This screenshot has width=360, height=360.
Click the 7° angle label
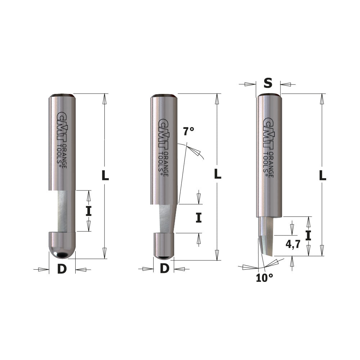point(188,131)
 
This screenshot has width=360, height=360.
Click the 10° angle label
point(265,278)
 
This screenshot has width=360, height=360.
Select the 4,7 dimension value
point(293,245)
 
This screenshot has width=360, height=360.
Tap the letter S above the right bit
point(268,84)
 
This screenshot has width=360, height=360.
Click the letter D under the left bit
point(62,269)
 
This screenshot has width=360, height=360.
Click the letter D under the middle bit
point(164,268)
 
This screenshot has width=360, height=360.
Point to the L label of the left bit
point(105,175)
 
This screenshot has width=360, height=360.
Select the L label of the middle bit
point(217,174)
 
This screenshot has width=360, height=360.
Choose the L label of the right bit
point(323,175)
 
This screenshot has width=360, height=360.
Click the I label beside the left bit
point(89,211)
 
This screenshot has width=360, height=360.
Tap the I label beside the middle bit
point(198,218)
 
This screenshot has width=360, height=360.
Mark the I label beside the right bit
point(308,235)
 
